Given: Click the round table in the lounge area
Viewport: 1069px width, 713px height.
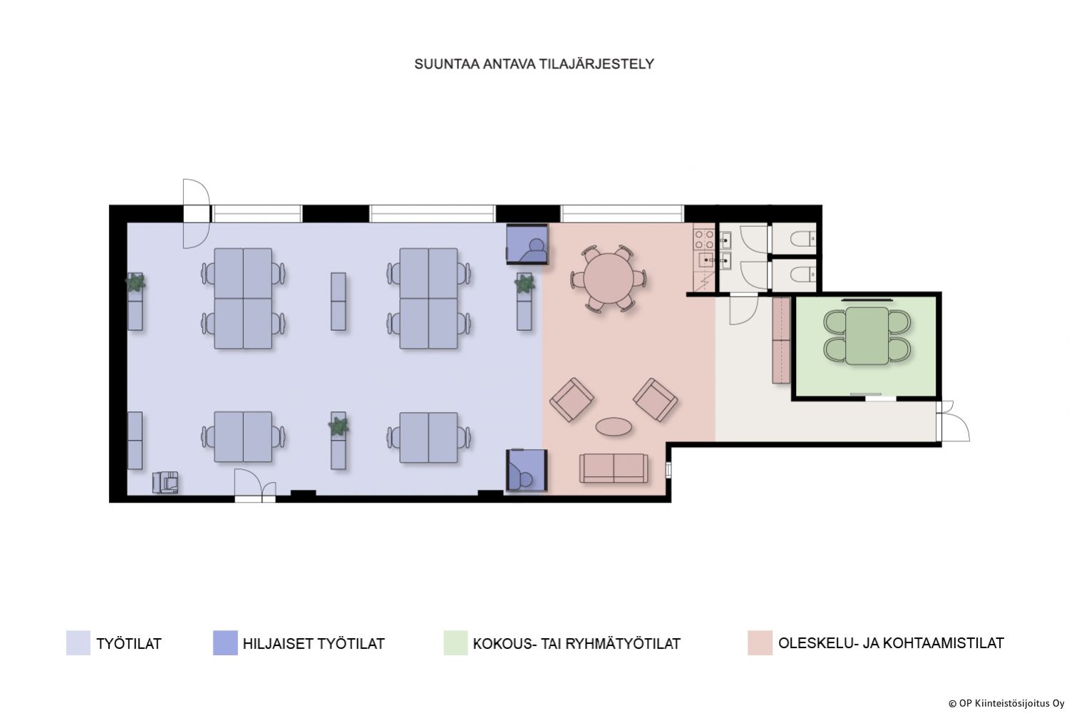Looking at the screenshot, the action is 609,278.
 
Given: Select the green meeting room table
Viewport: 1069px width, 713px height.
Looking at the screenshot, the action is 867,335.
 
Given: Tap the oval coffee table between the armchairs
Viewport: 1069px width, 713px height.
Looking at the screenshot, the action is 614,426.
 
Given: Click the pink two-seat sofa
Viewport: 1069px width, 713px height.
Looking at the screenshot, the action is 614,468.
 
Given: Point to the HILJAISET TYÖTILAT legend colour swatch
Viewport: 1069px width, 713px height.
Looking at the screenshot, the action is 225,643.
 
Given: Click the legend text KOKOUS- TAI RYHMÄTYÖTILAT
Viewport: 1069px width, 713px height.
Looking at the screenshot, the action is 577,643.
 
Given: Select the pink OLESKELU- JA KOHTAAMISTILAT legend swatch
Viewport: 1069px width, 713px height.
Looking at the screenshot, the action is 760,643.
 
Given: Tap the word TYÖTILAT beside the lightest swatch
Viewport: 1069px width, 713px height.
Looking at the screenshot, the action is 129,643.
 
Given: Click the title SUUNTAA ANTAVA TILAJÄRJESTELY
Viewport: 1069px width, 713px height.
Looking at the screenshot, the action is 534,64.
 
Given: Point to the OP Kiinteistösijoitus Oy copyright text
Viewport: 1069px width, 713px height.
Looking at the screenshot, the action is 1006,704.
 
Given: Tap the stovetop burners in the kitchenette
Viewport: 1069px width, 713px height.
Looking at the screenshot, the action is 704,240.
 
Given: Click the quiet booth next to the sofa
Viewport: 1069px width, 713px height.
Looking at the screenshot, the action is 527,470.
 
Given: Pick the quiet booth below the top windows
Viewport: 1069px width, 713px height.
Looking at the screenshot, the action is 527,244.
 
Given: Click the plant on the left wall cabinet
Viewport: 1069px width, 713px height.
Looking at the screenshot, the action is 135,282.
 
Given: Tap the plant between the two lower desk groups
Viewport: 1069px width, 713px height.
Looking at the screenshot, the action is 339,425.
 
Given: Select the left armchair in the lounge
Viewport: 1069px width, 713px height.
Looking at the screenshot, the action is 572,400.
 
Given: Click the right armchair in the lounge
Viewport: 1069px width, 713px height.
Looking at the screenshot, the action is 655,400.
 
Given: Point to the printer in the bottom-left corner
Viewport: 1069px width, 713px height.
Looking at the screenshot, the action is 165,482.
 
